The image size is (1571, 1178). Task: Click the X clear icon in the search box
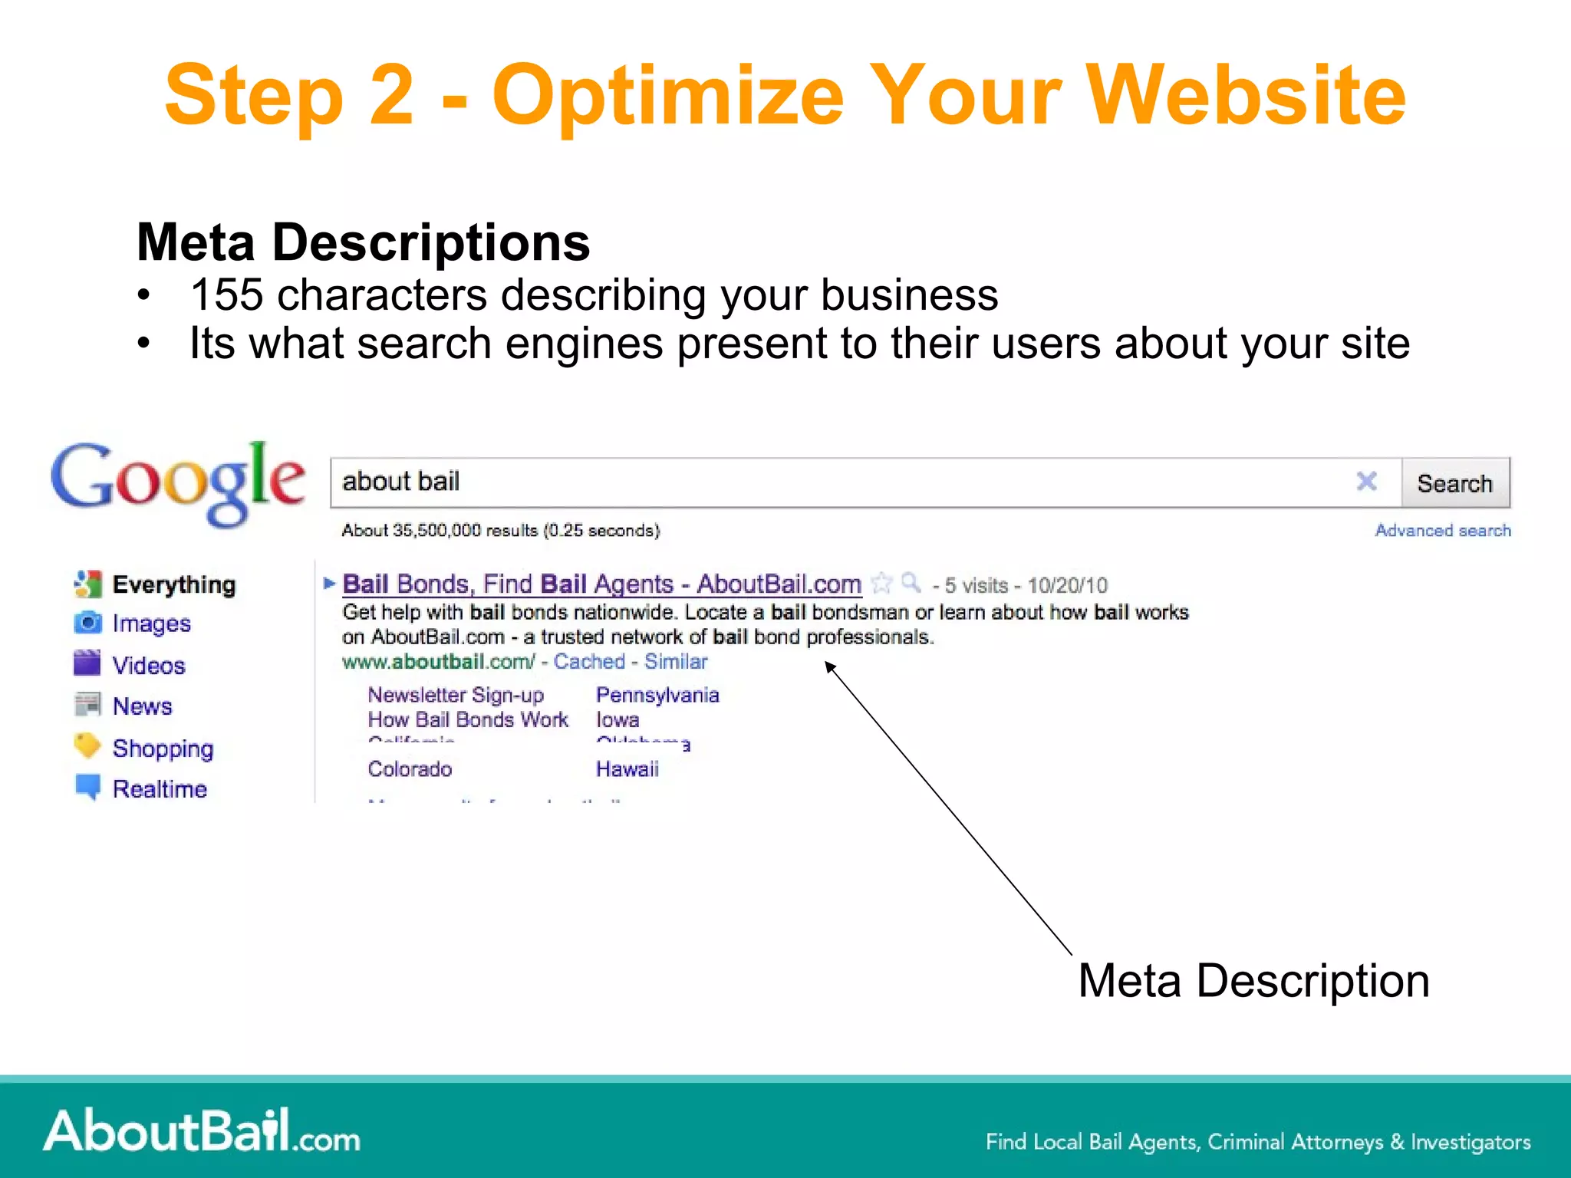click(1366, 482)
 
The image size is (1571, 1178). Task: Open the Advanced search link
click(1442, 531)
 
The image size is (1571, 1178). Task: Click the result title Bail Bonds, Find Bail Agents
click(601, 584)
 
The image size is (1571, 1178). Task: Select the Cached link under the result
click(589, 661)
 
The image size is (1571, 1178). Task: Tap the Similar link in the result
click(675, 661)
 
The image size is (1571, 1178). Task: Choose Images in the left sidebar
click(151, 624)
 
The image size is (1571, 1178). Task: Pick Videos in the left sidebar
click(149, 665)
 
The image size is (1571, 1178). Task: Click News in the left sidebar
click(143, 706)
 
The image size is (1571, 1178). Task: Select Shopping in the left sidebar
click(163, 748)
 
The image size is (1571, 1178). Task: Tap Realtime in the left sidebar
click(160, 789)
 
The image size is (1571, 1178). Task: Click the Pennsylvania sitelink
click(657, 695)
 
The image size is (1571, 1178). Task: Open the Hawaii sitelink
click(627, 768)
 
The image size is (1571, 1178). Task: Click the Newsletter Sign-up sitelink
click(456, 695)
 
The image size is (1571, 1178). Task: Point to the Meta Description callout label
click(1253, 981)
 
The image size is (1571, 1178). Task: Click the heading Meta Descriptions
click(363, 242)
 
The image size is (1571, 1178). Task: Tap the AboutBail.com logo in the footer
click(202, 1132)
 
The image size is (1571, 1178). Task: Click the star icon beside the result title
click(882, 584)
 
